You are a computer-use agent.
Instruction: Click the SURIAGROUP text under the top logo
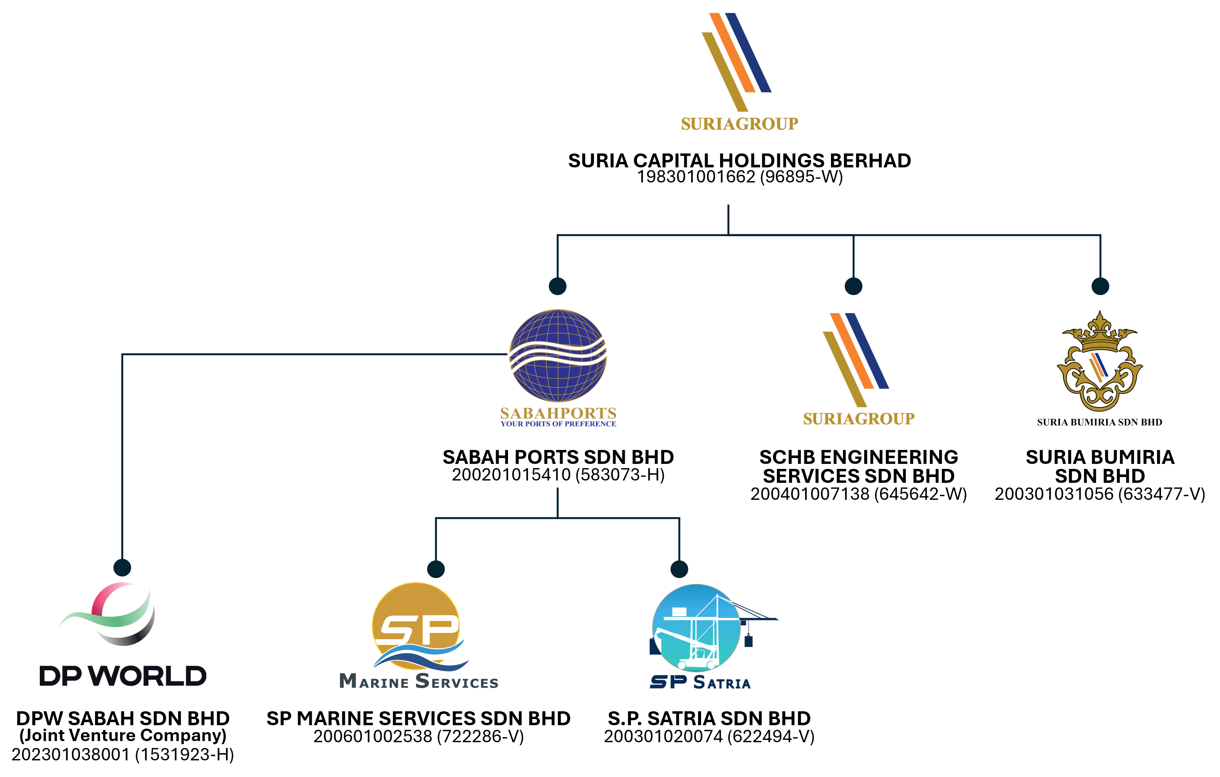click(x=739, y=124)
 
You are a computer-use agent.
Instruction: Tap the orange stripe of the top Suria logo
click(x=732, y=53)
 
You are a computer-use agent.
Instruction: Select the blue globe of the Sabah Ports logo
click(x=558, y=355)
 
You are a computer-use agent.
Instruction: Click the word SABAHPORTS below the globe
click(x=558, y=413)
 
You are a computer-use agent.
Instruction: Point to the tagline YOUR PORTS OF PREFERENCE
click(x=558, y=424)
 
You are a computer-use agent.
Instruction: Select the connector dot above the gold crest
click(x=1100, y=286)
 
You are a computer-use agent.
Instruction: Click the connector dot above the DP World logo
click(x=122, y=567)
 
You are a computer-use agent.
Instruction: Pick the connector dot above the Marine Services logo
click(x=436, y=569)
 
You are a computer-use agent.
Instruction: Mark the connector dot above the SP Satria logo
click(x=679, y=569)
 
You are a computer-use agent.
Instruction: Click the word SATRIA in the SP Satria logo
click(x=722, y=683)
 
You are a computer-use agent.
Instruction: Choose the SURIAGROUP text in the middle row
click(x=859, y=419)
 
